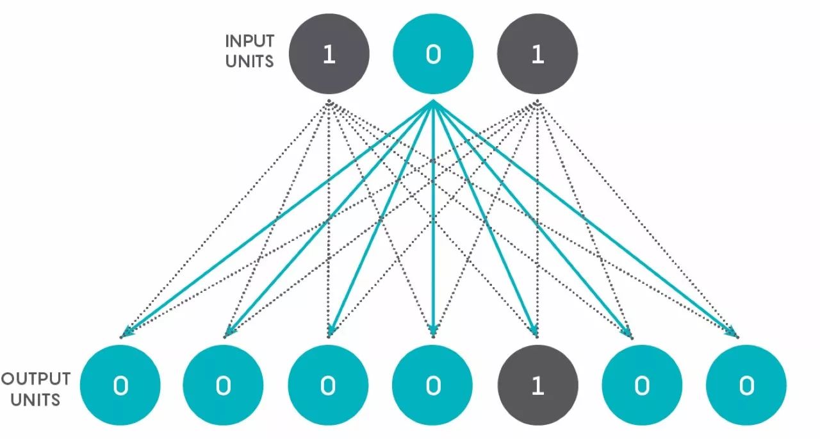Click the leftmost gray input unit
click(x=329, y=54)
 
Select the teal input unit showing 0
click(x=433, y=54)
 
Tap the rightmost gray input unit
click(x=537, y=54)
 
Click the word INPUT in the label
click(x=250, y=42)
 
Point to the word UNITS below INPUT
click(x=249, y=62)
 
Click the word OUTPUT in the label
click(x=37, y=378)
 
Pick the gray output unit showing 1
click(x=537, y=385)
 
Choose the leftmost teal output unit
click(x=120, y=385)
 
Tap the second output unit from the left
click(x=223, y=385)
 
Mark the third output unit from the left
click(x=328, y=385)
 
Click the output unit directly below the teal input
click(x=433, y=385)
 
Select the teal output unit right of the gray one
click(x=642, y=385)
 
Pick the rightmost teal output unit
click(x=746, y=385)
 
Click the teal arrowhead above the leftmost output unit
click(x=126, y=331)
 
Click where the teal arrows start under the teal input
click(x=433, y=103)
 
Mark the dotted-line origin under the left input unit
click(x=329, y=102)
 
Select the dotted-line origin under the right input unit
click(x=537, y=102)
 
